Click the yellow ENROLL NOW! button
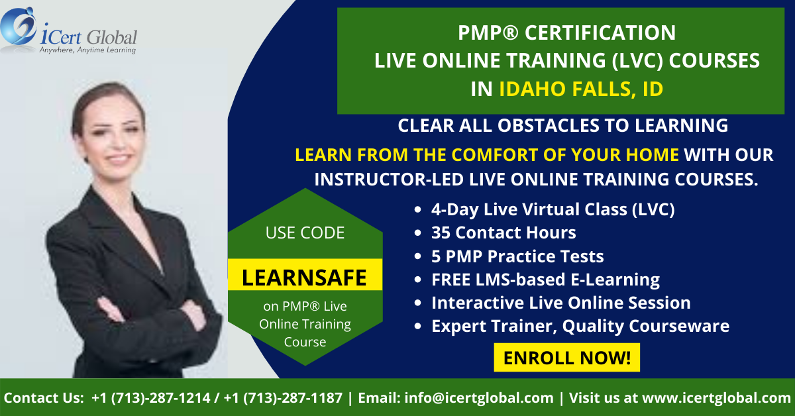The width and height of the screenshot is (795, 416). (x=567, y=358)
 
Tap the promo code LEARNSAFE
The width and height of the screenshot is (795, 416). (x=304, y=278)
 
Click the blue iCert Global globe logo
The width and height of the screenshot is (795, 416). (x=18, y=26)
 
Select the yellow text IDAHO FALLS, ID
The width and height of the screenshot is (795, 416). (x=581, y=89)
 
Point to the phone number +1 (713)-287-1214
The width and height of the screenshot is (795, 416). (x=151, y=398)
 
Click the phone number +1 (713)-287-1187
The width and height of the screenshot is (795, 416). (x=283, y=398)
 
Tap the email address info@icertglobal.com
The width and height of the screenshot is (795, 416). (x=479, y=398)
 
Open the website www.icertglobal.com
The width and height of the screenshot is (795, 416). (x=717, y=398)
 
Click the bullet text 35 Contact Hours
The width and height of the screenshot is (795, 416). (x=503, y=233)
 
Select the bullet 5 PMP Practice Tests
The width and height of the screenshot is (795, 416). (x=517, y=256)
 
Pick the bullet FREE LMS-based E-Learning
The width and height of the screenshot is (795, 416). (x=545, y=280)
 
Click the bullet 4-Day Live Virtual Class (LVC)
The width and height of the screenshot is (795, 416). (x=553, y=209)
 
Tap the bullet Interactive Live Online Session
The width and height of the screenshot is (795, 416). (x=561, y=303)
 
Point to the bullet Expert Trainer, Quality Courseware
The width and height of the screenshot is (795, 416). (x=580, y=326)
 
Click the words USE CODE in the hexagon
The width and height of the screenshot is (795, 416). (x=305, y=233)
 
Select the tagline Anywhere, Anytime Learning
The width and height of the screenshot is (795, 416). (x=87, y=50)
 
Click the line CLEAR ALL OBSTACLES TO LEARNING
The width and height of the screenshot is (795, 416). (x=563, y=125)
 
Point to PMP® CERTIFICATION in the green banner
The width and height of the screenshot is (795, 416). (x=567, y=32)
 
